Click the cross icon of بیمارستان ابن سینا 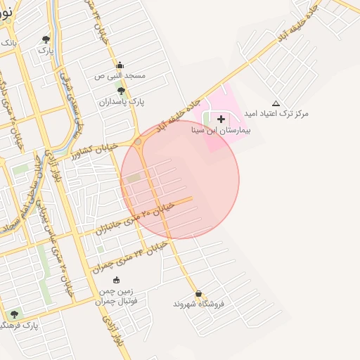pyautogui.click(x=221, y=119)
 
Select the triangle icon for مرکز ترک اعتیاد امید pyautogui.click(x=276, y=103)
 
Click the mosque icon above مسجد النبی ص pyautogui.click(x=119, y=65)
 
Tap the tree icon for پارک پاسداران pyautogui.click(x=121, y=91)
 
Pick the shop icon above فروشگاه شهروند pyautogui.click(x=198, y=294)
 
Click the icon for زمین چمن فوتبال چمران pyautogui.click(x=116, y=280)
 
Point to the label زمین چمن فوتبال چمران pyautogui.click(x=115, y=296)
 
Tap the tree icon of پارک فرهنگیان pyautogui.click(x=14, y=314)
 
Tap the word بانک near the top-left pyautogui.click(x=8, y=43)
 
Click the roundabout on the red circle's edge pyautogui.click(x=139, y=143)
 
